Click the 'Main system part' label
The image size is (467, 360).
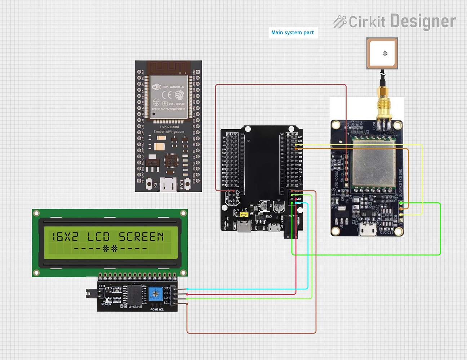click(x=293, y=32)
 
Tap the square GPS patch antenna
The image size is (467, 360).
click(x=382, y=53)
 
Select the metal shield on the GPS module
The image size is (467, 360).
click(x=374, y=163)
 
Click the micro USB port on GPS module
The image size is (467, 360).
click(x=368, y=229)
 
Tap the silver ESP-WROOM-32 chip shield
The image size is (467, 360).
click(x=168, y=96)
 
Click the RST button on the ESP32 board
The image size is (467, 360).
click(x=156, y=184)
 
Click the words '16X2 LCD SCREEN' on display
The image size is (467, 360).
click(x=108, y=237)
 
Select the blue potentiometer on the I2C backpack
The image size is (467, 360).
click(x=156, y=293)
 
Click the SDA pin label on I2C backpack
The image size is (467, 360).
click(x=166, y=298)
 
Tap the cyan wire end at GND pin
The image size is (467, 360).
click(x=187, y=289)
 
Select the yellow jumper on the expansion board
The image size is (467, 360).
click(x=244, y=215)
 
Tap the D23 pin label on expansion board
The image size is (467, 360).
click(x=300, y=137)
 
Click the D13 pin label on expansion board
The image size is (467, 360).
click(x=224, y=185)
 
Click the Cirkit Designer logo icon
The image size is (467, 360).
click(x=339, y=22)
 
